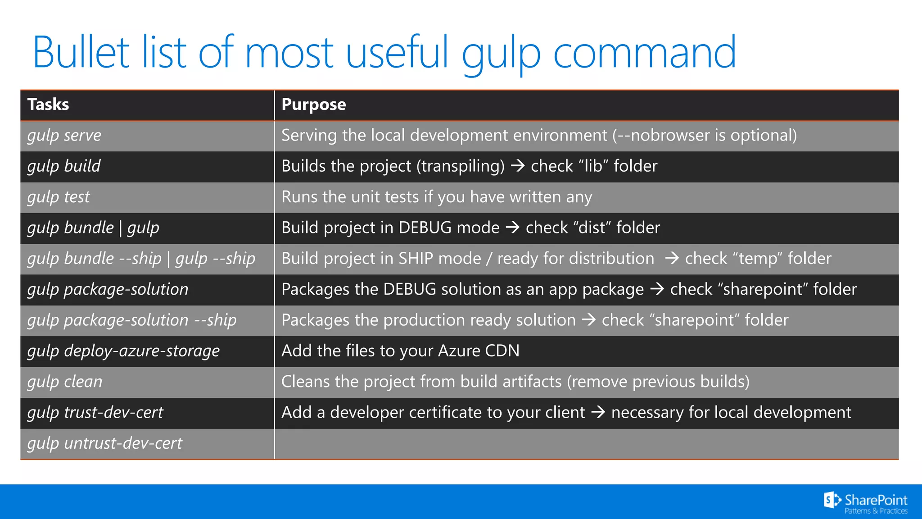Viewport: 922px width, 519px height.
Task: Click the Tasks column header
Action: (x=48, y=105)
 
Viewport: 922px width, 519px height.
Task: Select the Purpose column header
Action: (x=314, y=105)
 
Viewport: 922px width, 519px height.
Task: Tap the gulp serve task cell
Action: (x=64, y=136)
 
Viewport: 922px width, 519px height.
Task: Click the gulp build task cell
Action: (x=64, y=166)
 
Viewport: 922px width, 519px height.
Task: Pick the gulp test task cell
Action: (x=59, y=197)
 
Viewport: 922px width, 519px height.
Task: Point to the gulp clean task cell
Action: (x=65, y=382)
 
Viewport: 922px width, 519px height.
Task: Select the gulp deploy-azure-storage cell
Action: (x=123, y=351)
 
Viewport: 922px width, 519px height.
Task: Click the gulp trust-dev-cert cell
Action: (x=95, y=413)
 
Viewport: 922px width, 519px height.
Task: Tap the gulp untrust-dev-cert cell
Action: (x=105, y=443)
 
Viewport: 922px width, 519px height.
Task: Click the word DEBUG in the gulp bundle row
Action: (x=425, y=228)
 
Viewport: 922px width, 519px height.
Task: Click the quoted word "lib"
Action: (x=593, y=166)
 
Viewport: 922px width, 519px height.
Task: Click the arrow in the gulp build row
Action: (x=518, y=166)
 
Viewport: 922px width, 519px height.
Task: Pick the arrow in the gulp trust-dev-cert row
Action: (x=598, y=412)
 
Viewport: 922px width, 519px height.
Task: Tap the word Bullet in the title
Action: (x=81, y=53)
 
